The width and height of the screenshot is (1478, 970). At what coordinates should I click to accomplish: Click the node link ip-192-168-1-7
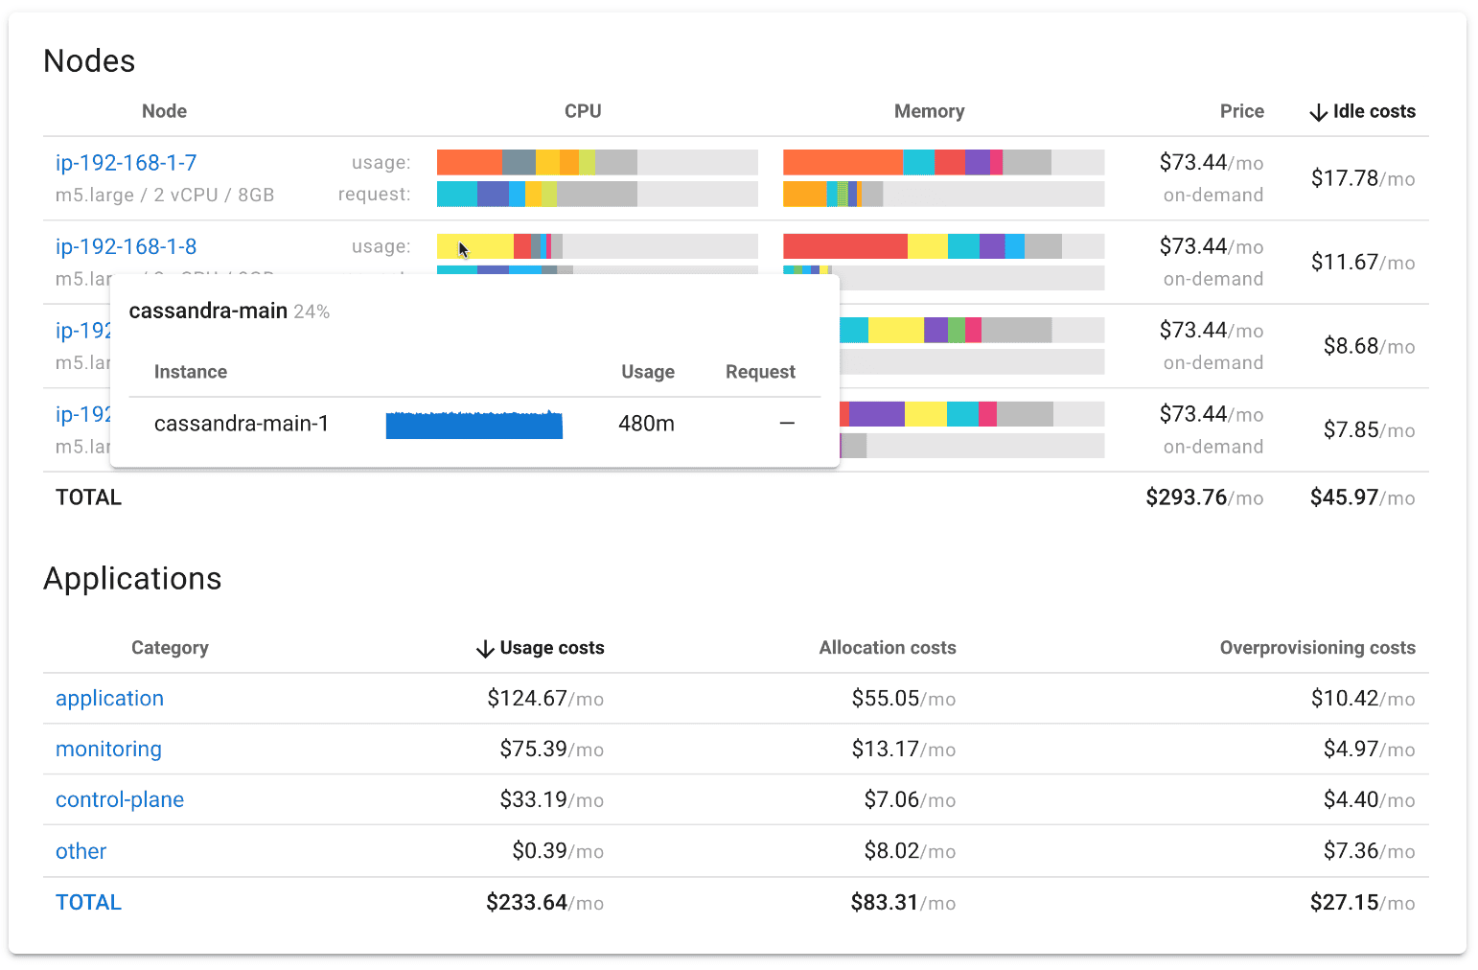[126, 163]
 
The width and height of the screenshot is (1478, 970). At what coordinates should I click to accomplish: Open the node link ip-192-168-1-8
[126, 247]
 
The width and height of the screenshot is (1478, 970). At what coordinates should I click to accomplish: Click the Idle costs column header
[1362, 111]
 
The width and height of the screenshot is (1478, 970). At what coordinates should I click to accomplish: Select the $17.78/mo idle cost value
[1362, 178]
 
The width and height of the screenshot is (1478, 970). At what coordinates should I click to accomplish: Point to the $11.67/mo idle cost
[1362, 263]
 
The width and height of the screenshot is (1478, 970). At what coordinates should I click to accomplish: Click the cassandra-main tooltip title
[208, 312]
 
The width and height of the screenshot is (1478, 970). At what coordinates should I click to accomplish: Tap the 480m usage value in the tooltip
[646, 424]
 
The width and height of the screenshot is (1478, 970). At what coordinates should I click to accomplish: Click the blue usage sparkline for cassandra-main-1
[473, 425]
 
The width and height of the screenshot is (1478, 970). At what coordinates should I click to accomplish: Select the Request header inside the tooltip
[760, 372]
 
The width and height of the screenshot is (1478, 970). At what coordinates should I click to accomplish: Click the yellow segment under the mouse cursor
[474, 246]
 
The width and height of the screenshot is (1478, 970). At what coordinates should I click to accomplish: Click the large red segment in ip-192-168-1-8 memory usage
[844, 246]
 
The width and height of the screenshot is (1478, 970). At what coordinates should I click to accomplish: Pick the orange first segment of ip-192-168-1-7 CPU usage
[469, 162]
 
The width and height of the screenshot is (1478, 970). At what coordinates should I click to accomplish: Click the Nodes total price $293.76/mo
[1204, 497]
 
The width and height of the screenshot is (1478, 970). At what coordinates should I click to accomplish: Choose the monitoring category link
[108, 750]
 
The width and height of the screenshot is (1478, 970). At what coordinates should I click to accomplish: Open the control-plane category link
[120, 800]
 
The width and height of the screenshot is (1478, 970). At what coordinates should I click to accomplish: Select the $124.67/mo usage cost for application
[544, 699]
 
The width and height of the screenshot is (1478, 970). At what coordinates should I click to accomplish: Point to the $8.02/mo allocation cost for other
[903, 851]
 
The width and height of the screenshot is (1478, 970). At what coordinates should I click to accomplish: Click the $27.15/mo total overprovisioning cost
[1362, 903]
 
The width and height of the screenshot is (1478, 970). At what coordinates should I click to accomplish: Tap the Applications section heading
[132, 579]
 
